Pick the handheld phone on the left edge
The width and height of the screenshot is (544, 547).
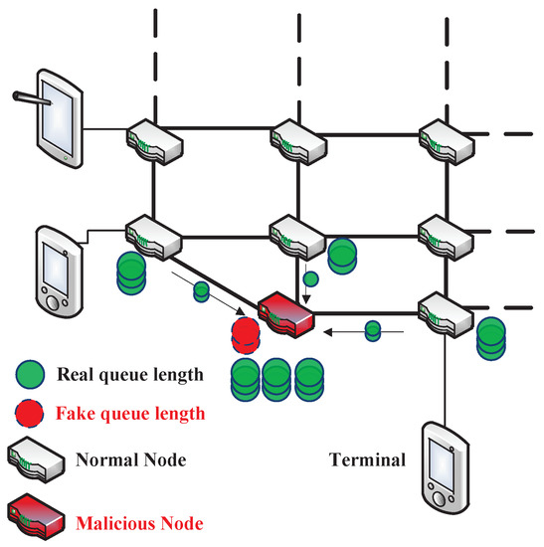(x=57, y=269)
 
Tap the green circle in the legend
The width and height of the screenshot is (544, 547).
(x=31, y=376)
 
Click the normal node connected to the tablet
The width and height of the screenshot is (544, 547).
(x=154, y=139)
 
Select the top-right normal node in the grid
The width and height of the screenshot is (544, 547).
(x=441, y=139)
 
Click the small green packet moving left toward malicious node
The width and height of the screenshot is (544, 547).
(x=372, y=329)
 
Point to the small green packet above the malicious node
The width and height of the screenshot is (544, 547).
(x=311, y=279)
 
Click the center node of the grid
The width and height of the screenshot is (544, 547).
(x=297, y=235)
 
